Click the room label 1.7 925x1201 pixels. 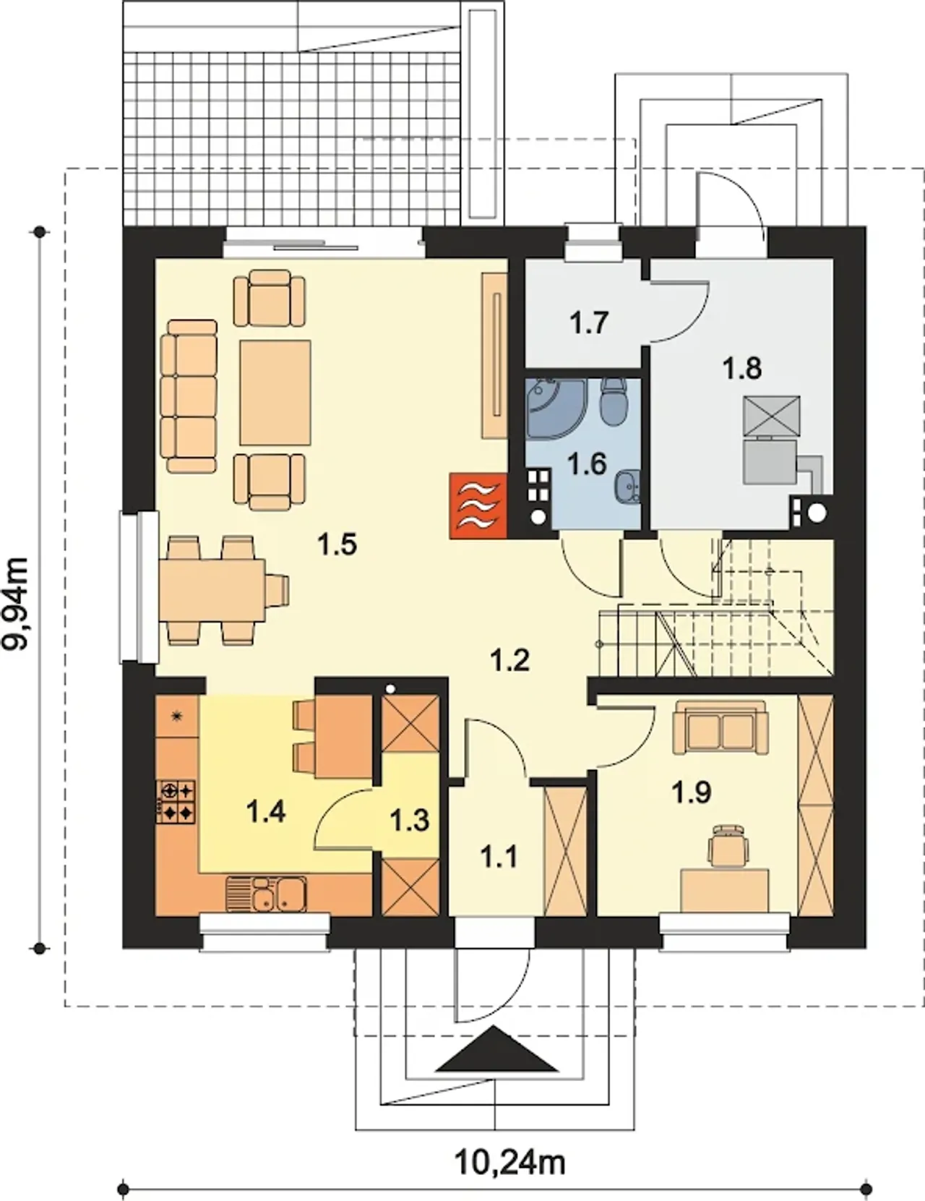(589, 322)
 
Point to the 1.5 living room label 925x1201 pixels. (337, 544)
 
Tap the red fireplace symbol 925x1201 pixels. (478, 505)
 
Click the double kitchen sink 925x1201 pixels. (267, 894)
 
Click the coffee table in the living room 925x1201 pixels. (275, 393)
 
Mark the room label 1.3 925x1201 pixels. (410, 820)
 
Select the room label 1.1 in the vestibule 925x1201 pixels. (498, 858)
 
